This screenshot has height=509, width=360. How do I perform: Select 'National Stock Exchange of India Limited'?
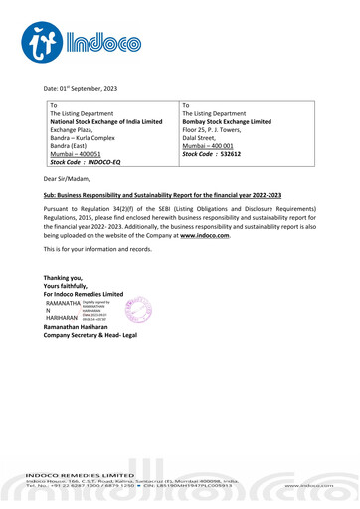click(x=111, y=122)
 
